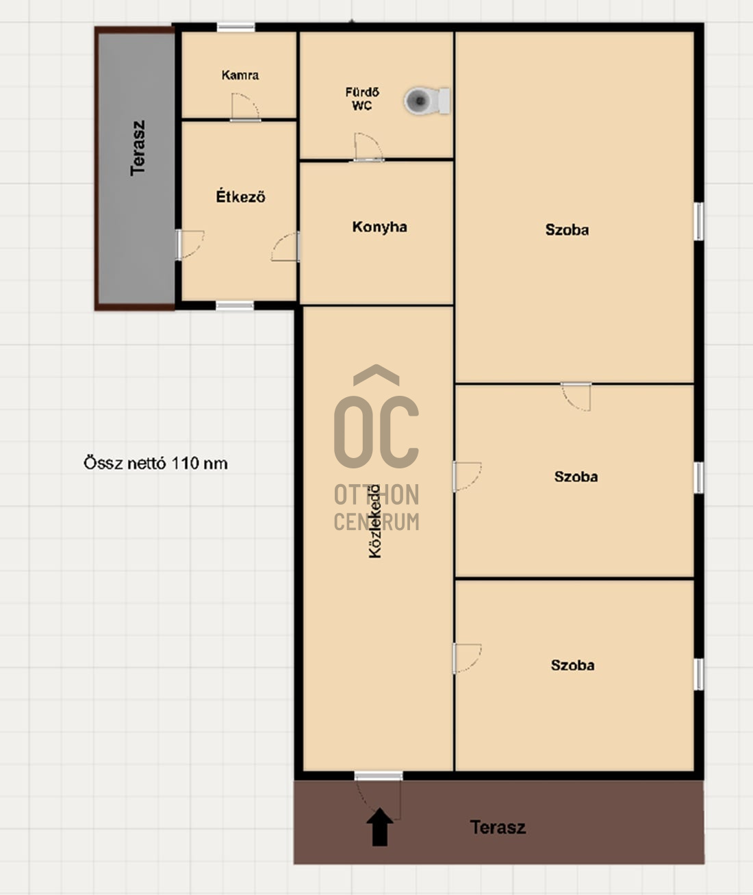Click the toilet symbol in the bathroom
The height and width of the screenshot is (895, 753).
[x=427, y=101]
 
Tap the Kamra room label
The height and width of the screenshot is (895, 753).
[x=240, y=75]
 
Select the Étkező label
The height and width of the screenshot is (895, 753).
[x=240, y=197]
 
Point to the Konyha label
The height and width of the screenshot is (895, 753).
[x=379, y=227]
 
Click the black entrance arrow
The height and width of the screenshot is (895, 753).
[x=380, y=827]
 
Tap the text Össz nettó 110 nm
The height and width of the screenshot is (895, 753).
[x=155, y=463]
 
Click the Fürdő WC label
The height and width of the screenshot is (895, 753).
[x=362, y=99]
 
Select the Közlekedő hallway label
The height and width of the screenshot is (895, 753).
[x=375, y=521]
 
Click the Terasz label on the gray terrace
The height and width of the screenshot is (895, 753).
[x=138, y=148]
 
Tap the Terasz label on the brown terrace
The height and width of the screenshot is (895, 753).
[x=498, y=827]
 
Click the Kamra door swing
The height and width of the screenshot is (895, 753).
[x=245, y=107]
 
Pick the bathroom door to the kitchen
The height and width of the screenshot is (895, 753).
[x=368, y=147]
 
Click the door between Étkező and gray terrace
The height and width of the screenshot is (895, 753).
[x=190, y=244]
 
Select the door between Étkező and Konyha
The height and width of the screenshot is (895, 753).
[x=285, y=247]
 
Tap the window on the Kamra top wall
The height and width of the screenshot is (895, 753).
[x=235, y=27]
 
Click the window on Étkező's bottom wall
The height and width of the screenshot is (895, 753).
[x=234, y=305]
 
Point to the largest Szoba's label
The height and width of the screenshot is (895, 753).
[x=567, y=230]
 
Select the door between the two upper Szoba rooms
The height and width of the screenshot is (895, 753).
[x=576, y=396]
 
